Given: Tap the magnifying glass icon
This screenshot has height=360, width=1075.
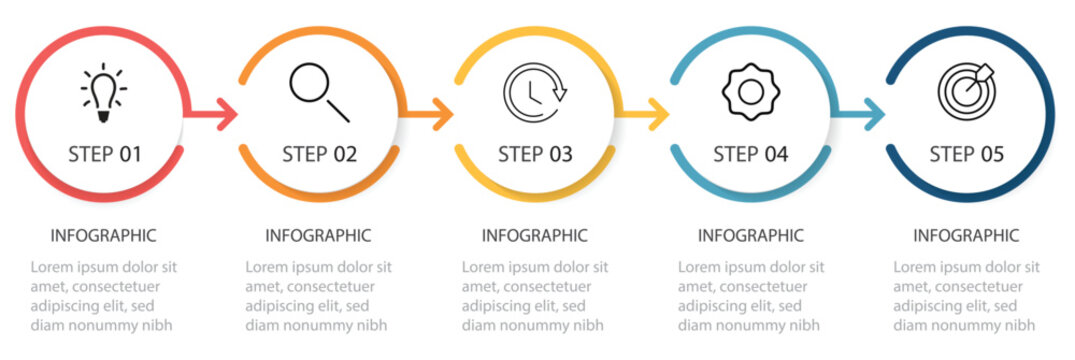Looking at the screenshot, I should tap(319, 93).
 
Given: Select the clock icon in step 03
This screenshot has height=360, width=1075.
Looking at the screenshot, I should tap(535, 94).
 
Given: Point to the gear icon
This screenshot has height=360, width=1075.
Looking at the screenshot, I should tap(750, 93).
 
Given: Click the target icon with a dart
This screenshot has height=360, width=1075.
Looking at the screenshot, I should tap(966, 92).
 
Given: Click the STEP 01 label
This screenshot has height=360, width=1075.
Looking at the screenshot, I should tap(104, 154).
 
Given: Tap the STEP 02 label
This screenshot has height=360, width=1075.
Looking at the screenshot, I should tap(319, 154).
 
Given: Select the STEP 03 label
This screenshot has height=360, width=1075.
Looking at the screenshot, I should tap(535, 154).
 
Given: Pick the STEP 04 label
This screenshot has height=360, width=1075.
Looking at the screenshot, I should tap(750, 154).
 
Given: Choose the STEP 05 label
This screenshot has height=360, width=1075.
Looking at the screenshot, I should tap(966, 154).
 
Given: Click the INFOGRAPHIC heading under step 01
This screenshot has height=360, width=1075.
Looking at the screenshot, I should tap(103, 236).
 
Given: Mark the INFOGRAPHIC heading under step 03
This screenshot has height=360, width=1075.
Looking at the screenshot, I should tap(535, 236).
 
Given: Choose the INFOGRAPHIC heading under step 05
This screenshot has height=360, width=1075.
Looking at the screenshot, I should tap(966, 236).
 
